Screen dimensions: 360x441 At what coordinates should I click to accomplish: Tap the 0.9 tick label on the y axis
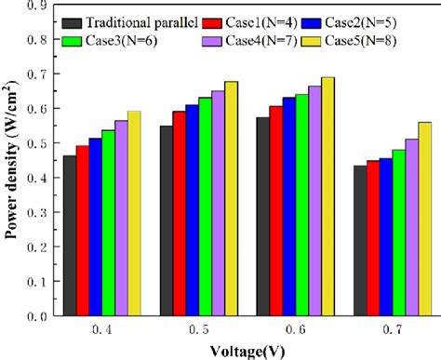tap(37, 6)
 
